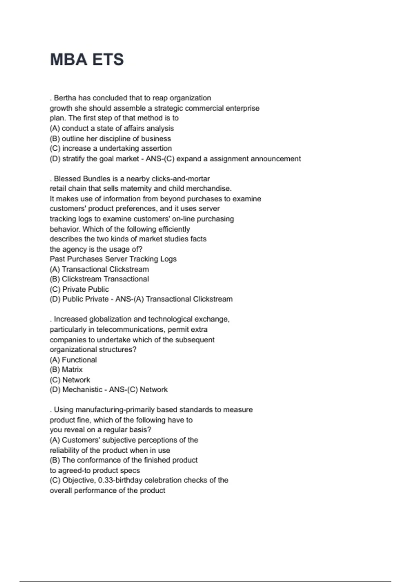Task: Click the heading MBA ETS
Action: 87,60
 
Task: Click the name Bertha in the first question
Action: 65,98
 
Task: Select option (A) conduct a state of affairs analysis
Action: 112,128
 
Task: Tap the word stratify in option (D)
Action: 73,159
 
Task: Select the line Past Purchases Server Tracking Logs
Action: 113,259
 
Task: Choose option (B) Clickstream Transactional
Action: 99,279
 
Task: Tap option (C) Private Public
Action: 79,289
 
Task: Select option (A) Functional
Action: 73,360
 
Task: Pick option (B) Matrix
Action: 66,370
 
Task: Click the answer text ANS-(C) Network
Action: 138,390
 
